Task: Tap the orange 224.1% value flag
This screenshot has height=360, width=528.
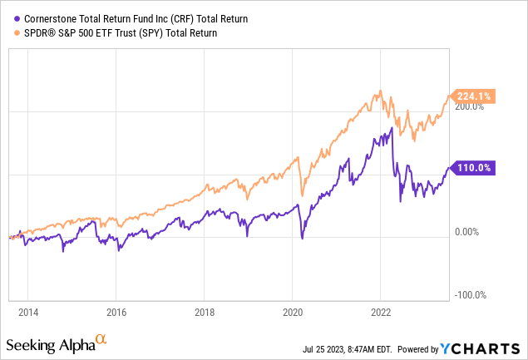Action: coord(472,96)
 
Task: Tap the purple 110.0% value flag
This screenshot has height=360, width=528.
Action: coord(472,168)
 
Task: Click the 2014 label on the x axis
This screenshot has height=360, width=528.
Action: coord(27,313)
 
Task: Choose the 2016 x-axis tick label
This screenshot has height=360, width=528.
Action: coord(116,313)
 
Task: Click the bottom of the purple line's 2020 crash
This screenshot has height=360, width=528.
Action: coord(302,239)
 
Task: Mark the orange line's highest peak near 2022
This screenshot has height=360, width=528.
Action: coord(380,91)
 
